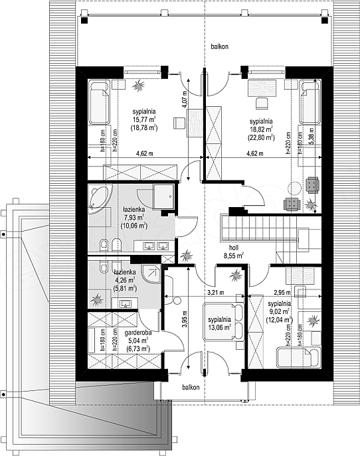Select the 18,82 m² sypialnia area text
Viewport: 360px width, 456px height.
261,129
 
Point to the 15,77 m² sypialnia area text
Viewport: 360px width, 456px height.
144,119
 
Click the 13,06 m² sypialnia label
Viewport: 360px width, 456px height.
219,323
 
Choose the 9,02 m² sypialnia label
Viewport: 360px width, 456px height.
279,312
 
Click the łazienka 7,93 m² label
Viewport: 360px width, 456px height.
134,217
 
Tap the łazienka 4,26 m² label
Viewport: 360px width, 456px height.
125,280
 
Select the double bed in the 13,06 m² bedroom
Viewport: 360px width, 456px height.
224,321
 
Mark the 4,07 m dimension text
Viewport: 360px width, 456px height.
184,100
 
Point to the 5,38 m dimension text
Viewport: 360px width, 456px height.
311,136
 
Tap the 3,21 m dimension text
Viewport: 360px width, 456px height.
215,293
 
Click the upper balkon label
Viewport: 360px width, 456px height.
219,46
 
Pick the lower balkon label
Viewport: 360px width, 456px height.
191,387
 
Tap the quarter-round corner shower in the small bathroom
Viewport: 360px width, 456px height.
151,273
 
